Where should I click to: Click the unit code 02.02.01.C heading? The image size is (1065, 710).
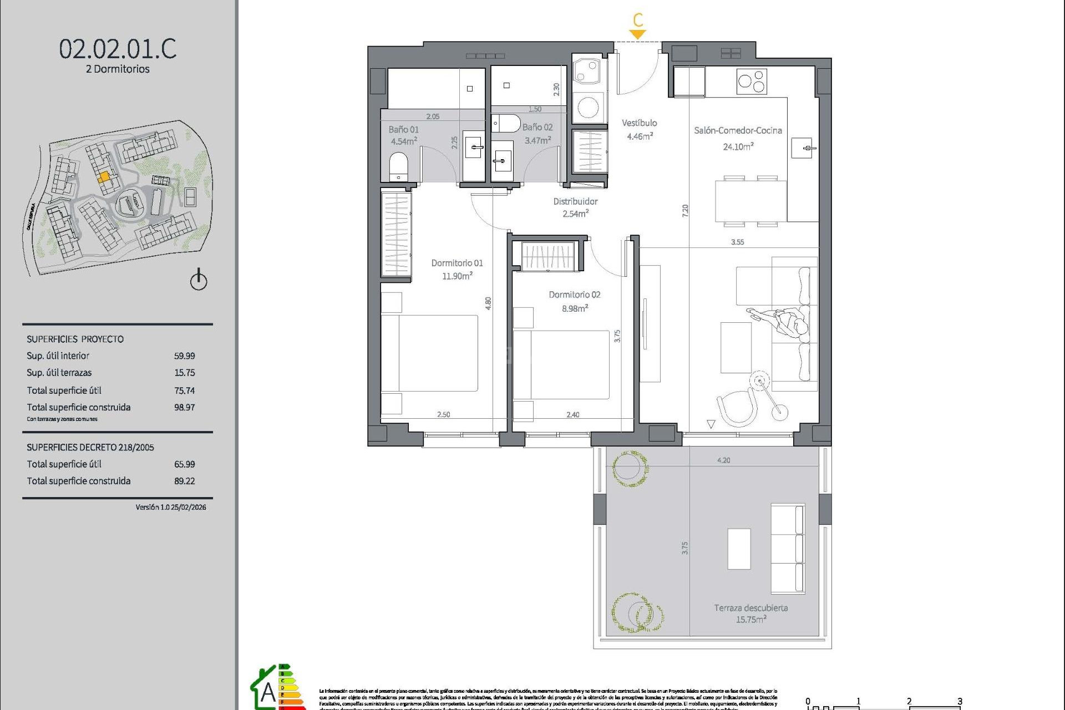coord(118,49)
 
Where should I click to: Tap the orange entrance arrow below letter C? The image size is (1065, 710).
coord(638,34)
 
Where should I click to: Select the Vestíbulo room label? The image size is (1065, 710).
coord(639,123)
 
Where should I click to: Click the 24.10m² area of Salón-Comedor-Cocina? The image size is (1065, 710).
coord(738,147)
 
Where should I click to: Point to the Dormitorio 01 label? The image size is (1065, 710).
coord(457,263)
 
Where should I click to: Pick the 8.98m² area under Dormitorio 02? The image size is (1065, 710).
coord(575,308)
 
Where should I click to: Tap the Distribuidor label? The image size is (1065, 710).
coord(575,201)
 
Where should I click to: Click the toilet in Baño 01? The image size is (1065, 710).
coord(398,166)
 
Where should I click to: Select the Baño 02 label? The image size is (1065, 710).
coord(537,127)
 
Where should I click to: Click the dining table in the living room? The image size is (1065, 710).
coord(750,201)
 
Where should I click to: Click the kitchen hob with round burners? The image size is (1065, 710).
coord(752,82)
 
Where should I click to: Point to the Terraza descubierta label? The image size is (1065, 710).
coord(750,608)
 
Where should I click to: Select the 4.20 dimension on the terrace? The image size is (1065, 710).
coord(723,460)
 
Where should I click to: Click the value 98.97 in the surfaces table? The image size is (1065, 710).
coord(184,407)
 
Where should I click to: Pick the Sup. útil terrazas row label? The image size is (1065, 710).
coord(59,373)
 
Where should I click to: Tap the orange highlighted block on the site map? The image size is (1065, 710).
coord(104,177)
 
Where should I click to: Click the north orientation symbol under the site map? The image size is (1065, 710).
coord(199,280)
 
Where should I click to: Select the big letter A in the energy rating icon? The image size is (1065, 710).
coord(268,692)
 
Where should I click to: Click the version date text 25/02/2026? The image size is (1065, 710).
coord(188,507)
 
